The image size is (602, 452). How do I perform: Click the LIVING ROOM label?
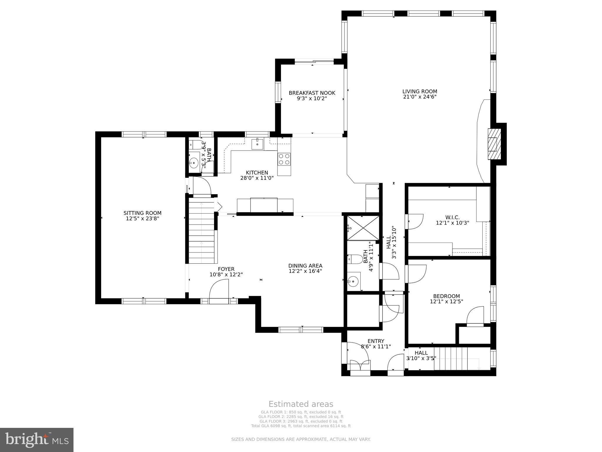[x=419, y=92]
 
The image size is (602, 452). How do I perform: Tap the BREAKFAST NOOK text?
[x=312, y=93]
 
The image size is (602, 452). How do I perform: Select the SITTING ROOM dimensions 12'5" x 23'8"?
[x=142, y=219]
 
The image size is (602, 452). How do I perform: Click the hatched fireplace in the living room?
[x=494, y=144]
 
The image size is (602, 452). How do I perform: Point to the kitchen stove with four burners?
[x=284, y=159]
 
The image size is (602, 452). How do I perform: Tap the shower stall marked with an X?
[x=363, y=228]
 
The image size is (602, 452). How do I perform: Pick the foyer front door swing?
[x=219, y=290]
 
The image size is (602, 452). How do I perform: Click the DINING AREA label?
[x=305, y=266]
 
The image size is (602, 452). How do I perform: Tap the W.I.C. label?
[x=452, y=217]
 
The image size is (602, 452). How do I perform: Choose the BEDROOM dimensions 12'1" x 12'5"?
[x=446, y=301]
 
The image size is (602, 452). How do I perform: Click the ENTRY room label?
[x=376, y=341]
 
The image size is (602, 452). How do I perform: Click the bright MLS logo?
[x=36, y=440]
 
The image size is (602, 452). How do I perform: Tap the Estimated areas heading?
[x=301, y=404]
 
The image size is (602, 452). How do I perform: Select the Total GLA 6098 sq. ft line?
[x=301, y=426]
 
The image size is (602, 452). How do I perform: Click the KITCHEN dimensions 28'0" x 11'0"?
[x=257, y=178]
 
